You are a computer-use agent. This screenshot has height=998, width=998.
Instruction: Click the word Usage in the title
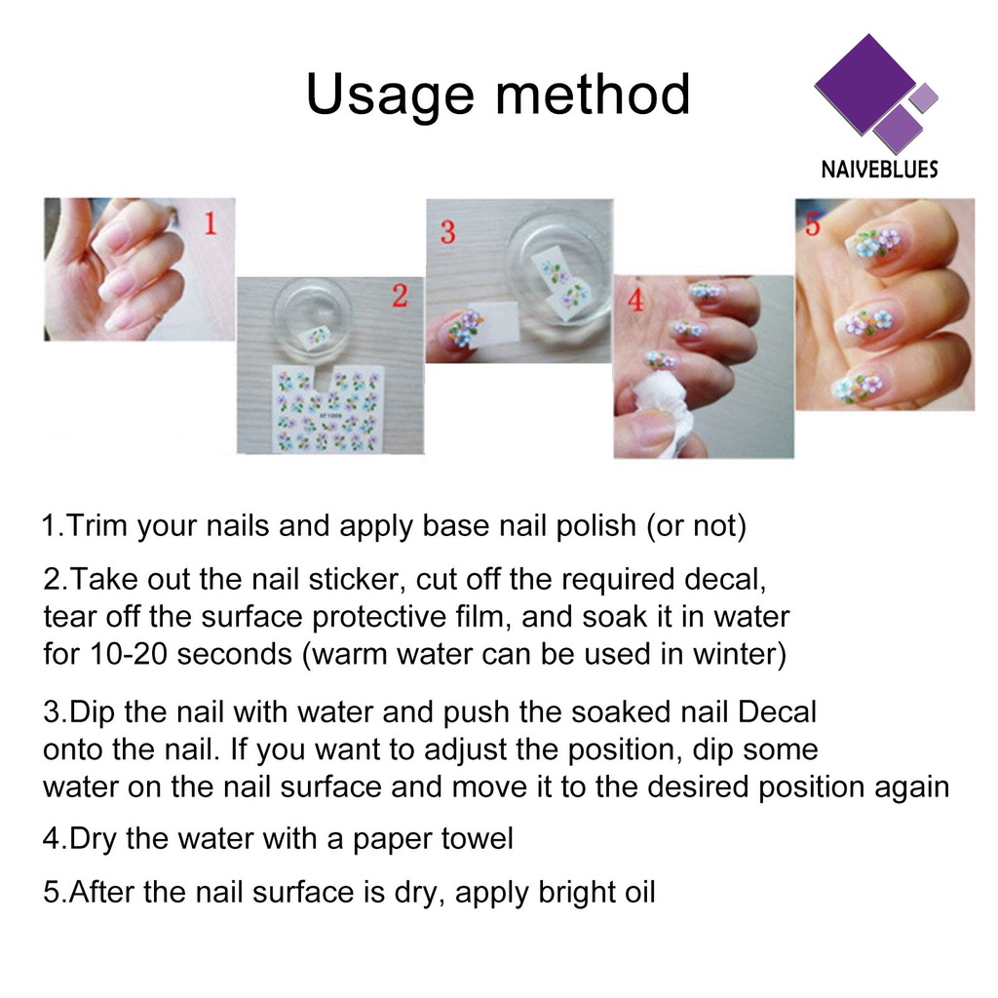[390, 96]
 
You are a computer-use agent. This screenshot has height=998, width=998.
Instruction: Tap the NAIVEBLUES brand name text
[879, 169]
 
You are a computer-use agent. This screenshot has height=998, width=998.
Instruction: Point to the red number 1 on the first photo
[211, 224]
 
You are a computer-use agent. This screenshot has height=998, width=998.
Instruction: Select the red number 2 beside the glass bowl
[400, 295]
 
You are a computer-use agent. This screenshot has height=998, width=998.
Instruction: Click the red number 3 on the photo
[448, 232]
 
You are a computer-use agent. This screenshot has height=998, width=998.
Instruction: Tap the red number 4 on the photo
[635, 299]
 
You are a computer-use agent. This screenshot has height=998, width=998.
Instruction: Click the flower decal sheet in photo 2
[329, 408]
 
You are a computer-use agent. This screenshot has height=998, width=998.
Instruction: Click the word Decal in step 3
[777, 711]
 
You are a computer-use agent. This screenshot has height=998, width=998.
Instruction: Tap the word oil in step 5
[639, 892]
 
